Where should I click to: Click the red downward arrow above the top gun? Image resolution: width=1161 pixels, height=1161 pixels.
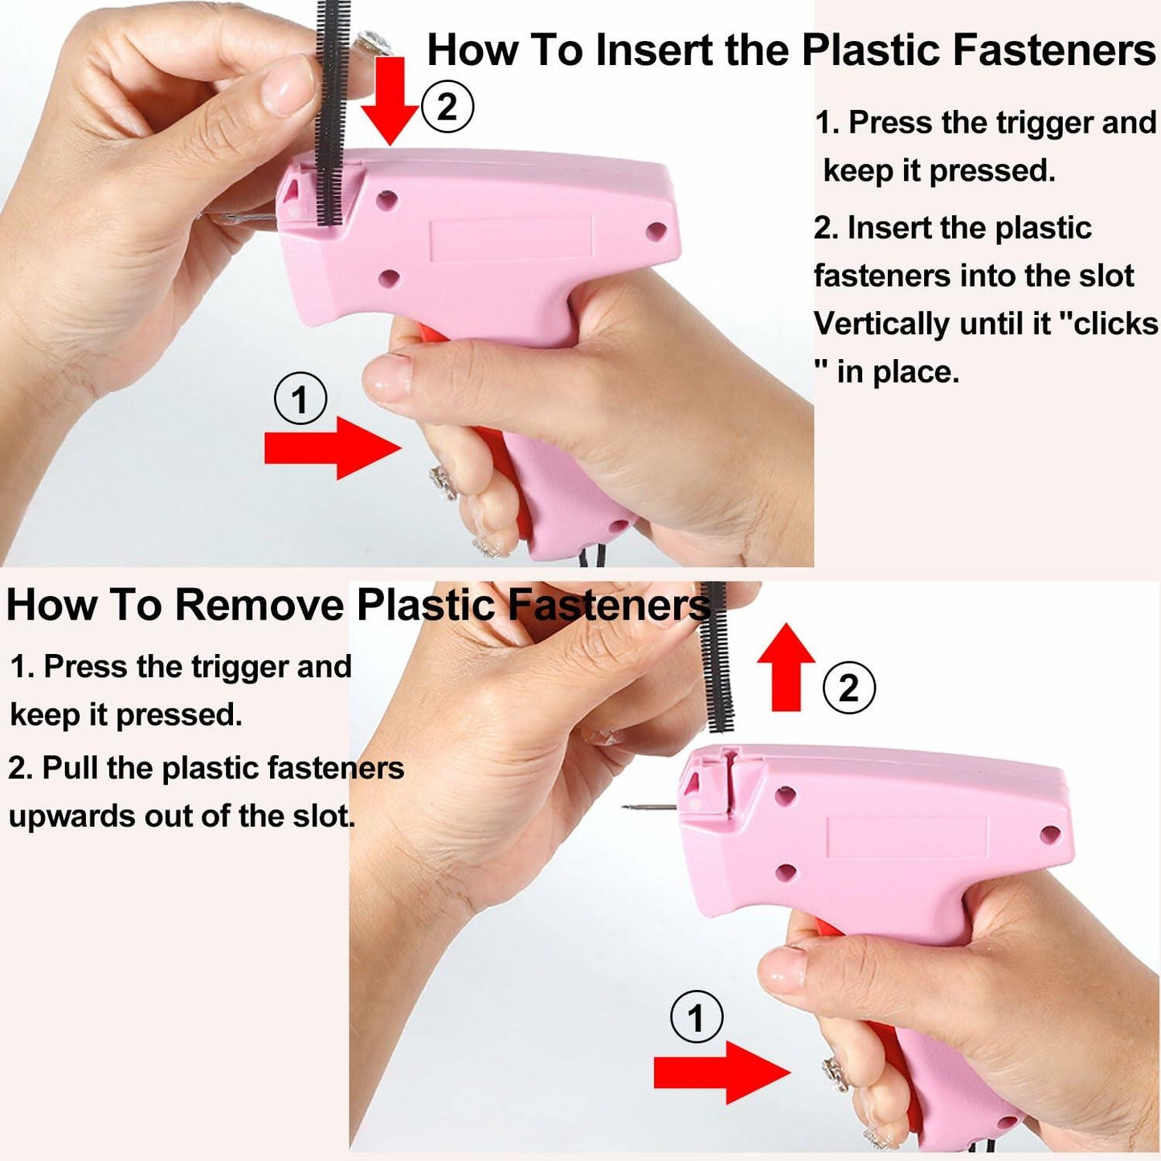click(390, 100)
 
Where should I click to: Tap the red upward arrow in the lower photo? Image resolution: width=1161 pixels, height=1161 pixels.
click(786, 667)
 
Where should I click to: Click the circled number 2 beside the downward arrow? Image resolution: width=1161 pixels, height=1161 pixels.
click(447, 108)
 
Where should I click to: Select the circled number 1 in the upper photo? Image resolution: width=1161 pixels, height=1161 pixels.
click(300, 399)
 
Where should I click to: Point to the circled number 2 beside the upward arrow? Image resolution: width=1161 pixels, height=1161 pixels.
click(848, 688)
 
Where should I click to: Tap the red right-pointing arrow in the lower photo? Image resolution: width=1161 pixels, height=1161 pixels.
click(722, 1073)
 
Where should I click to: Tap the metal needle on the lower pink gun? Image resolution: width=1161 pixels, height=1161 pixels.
click(652, 806)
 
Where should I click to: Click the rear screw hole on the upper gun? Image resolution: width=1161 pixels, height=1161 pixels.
click(656, 231)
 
